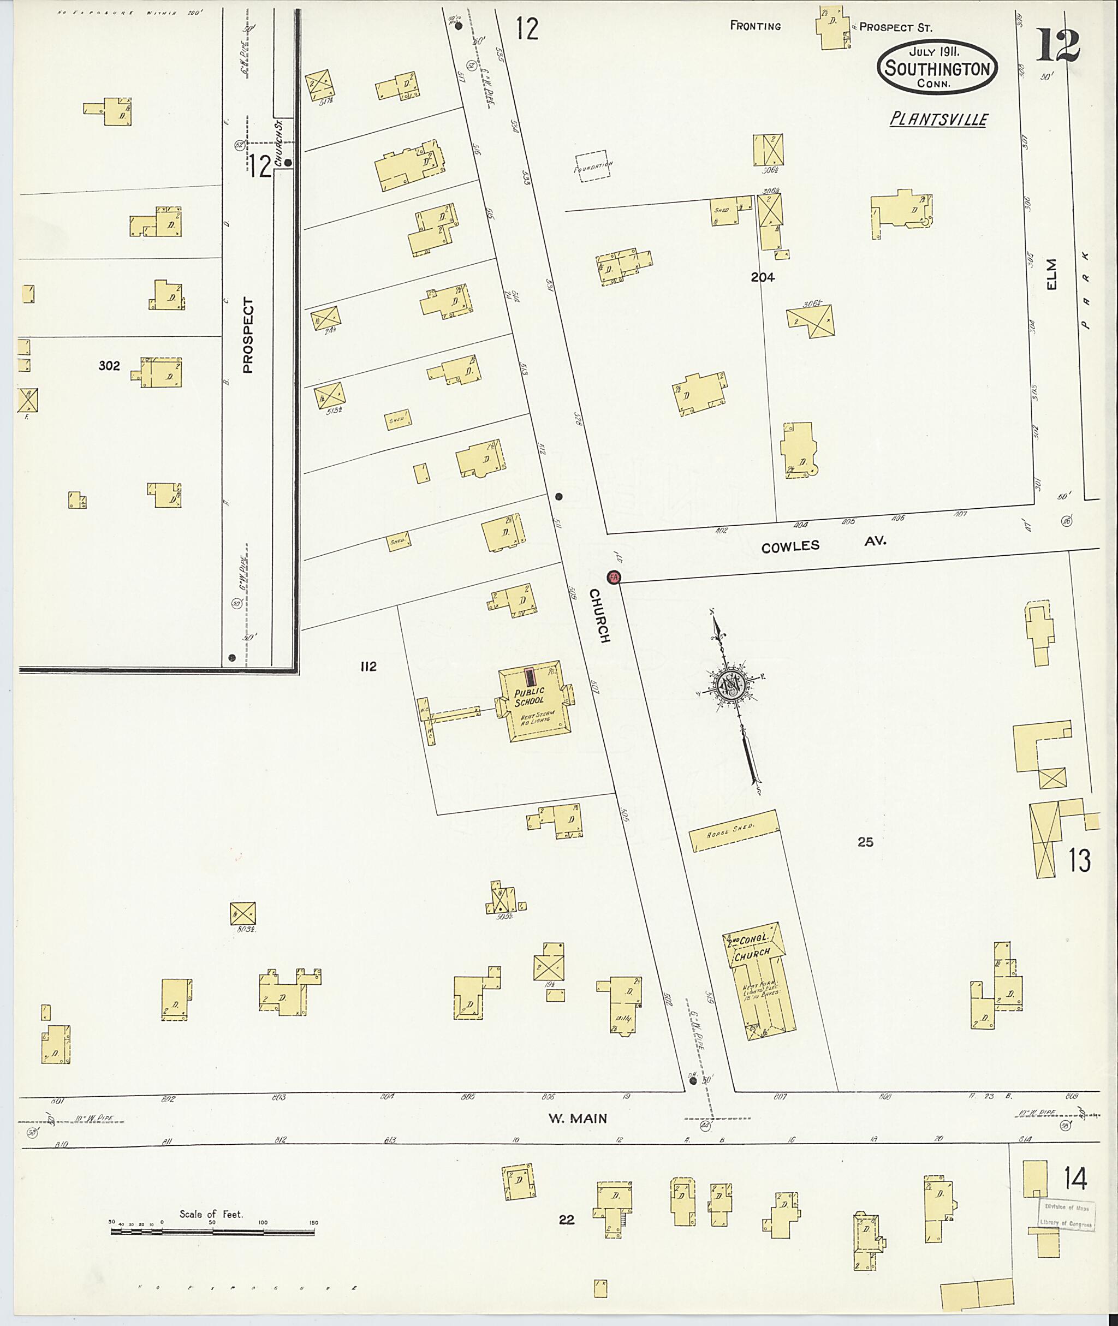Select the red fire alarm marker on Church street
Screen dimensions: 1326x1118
click(613, 577)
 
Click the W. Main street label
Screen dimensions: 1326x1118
click(578, 1119)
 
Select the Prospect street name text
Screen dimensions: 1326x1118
click(248, 335)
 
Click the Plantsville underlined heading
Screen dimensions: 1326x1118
click(938, 119)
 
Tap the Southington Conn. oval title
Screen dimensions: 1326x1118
click(937, 67)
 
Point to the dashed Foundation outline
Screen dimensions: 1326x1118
click(591, 166)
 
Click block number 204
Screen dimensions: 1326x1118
click(763, 277)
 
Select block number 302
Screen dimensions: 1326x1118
click(109, 366)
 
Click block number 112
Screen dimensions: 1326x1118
click(368, 666)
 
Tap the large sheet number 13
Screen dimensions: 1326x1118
click(1079, 860)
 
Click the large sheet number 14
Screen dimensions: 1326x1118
click(1075, 1179)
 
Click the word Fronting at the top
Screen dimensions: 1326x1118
click(756, 26)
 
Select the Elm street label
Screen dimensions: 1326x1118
click(1052, 275)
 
